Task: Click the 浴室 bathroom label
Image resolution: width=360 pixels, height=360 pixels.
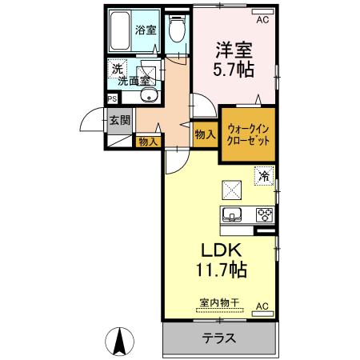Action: pyautogui.click(x=146, y=30)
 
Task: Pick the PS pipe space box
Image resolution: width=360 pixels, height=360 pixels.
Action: pyautogui.click(x=113, y=100)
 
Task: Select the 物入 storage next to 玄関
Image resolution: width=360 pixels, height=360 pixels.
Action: pyautogui.click(x=147, y=142)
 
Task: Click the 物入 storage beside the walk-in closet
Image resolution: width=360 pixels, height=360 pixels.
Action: pyautogui.click(x=205, y=135)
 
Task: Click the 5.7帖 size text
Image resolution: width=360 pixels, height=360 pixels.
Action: pyautogui.click(x=233, y=70)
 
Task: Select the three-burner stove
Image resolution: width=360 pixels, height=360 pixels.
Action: pyautogui.click(x=263, y=214)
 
